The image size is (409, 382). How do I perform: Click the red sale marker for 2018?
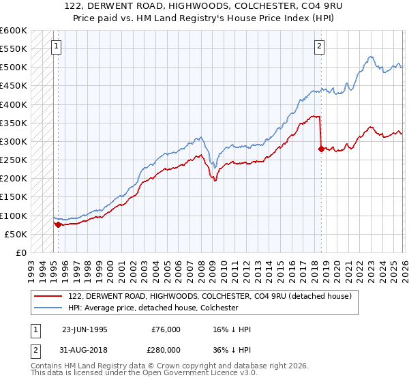click(x=320, y=149)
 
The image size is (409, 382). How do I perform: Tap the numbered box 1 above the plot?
click(x=55, y=46)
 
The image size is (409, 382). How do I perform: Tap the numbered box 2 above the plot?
click(x=318, y=46)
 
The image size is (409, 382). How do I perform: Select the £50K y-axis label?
click(x=16, y=234)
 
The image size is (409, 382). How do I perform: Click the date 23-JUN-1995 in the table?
click(x=85, y=329)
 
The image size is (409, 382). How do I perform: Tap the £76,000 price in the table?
click(x=166, y=329)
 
